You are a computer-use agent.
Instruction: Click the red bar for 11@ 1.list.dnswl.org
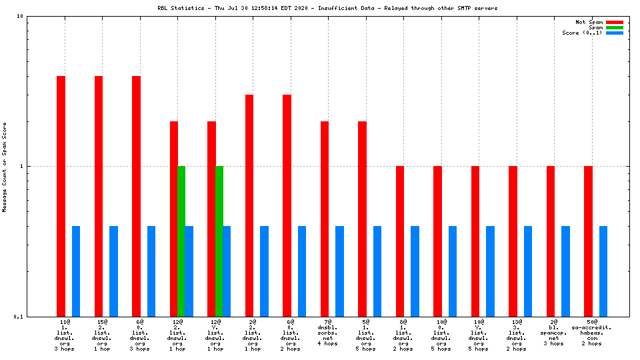click(x=61, y=196)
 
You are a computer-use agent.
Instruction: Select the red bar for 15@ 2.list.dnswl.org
click(x=99, y=196)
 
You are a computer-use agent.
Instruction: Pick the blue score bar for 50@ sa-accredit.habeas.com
click(x=603, y=271)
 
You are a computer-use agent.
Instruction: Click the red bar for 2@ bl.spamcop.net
click(x=551, y=241)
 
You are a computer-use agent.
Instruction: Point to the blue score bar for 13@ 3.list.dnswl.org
click(x=528, y=271)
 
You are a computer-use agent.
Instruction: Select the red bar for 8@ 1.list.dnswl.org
click(x=400, y=241)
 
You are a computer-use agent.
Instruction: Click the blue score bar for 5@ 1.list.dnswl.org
click(x=377, y=271)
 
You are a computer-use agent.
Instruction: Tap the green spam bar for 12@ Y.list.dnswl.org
click(x=219, y=241)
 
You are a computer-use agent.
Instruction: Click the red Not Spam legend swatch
click(x=614, y=22)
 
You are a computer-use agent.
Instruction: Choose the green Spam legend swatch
click(x=614, y=27)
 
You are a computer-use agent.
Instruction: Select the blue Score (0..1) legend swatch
click(x=614, y=33)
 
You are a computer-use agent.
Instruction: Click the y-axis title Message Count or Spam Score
click(x=5, y=167)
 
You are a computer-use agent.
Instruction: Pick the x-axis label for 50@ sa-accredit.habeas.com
click(x=592, y=333)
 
